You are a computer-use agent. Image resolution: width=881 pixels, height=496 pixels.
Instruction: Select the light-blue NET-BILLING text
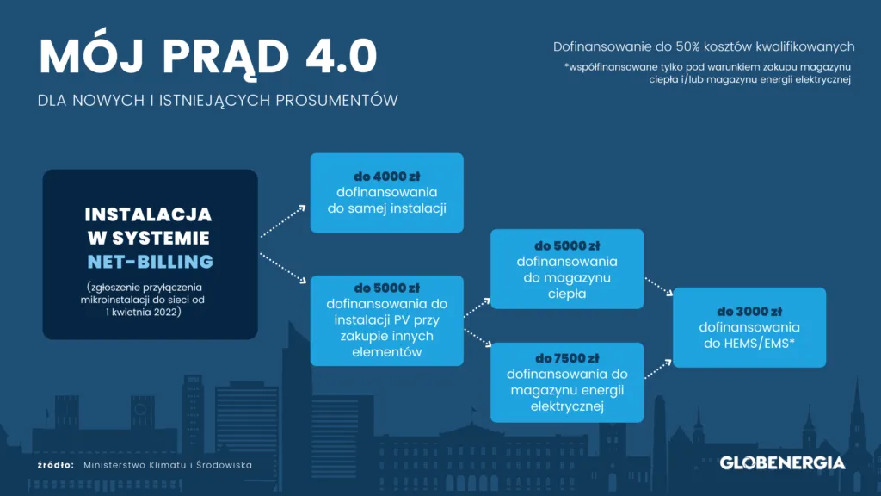click(x=150, y=261)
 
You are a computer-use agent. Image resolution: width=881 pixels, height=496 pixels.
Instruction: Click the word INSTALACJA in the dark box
click(x=148, y=214)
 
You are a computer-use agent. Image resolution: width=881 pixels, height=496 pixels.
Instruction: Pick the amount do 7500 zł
click(x=567, y=357)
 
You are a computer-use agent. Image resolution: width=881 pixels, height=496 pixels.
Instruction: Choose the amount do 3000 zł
click(x=749, y=311)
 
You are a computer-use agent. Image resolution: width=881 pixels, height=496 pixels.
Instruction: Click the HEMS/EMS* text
click(x=749, y=344)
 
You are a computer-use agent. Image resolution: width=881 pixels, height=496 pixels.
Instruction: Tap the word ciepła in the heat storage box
click(x=567, y=293)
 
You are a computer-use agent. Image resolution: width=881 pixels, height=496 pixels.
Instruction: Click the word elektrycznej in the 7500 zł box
click(x=567, y=406)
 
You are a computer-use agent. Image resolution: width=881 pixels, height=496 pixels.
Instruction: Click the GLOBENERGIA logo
click(x=782, y=462)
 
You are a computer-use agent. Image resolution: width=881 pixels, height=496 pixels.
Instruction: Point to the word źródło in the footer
click(x=56, y=465)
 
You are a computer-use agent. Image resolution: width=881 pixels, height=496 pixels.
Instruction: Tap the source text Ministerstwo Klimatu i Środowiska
click(x=168, y=465)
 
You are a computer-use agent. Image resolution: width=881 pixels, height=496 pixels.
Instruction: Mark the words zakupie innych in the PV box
click(x=386, y=336)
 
